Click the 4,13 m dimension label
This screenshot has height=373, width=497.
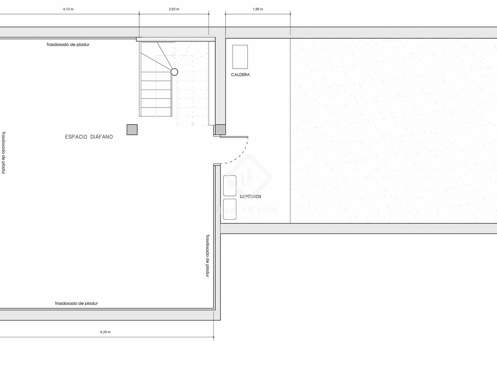pyautogui.click(x=68, y=9)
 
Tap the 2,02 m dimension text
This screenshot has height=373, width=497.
pyautogui.click(x=174, y=9)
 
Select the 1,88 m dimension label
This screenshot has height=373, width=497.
pyautogui.click(x=258, y=9)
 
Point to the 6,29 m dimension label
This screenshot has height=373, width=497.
pyautogui.click(x=105, y=332)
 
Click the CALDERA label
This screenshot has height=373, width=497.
pyautogui.click(x=240, y=75)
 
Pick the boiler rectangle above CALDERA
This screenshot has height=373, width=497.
pyautogui.click(x=240, y=57)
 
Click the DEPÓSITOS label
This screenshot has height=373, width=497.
pyautogui.click(x=250, y=196)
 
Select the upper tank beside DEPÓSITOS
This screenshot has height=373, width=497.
pyautogui.click(x=230, y=186)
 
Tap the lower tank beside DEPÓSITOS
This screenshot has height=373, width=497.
pyautogui.click(x=230, y=209)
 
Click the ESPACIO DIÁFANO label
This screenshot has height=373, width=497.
pyautogui.click(x=89, y=137)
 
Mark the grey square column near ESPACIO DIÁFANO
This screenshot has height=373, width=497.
pyautogui.click(x=132, y=130)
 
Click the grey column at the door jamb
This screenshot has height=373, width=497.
pyautogui.click(x=220, y=130)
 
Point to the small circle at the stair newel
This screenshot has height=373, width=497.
pyautogui.click(x=175, y=72)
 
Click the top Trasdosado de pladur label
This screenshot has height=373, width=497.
pyautogui.click(x=68, y=44)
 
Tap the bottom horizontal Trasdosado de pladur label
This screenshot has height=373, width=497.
pyautogui.click(x=76, y=303)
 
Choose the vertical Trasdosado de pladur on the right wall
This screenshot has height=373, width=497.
pyautogui.click(x=208, y=256)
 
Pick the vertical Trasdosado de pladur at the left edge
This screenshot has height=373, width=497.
pyautogui.click(x=3, y=152)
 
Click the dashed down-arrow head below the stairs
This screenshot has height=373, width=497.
pyautogui.click(x=193, y=124)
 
